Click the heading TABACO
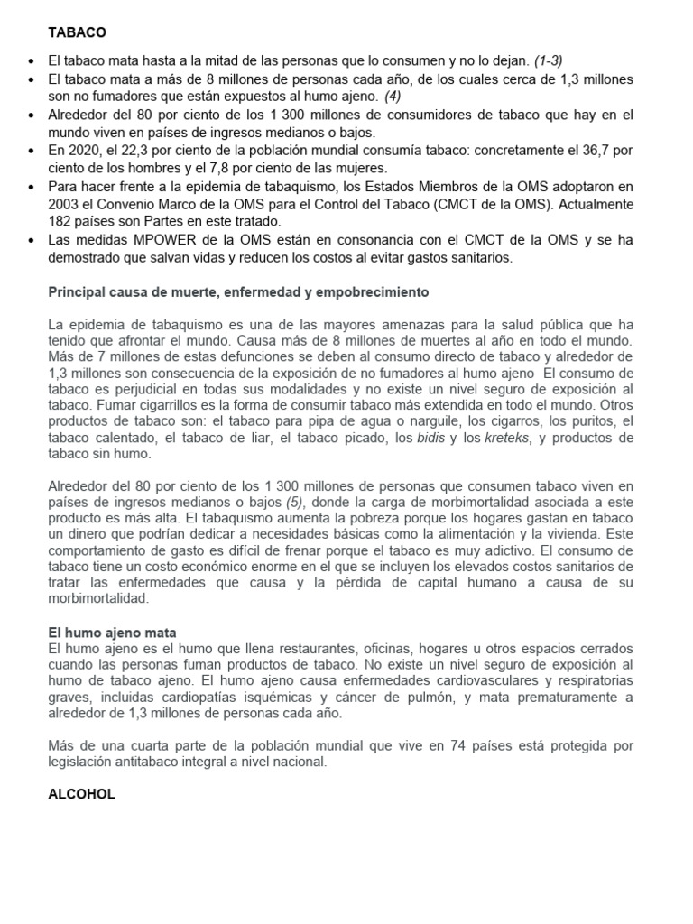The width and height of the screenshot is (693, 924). click(x=77, y=32)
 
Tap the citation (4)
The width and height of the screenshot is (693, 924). click(x=393, y=96)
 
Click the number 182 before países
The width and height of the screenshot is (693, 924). click(x=60, y=221)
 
